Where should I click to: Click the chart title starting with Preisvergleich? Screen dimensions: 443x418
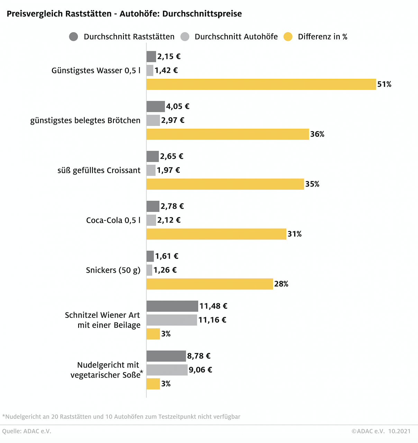pos(124,14)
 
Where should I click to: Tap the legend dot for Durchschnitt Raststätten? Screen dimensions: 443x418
pos(74,37)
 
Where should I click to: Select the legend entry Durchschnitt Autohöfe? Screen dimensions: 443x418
pos(236,37)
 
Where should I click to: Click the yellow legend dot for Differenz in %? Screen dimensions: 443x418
pos(288,37)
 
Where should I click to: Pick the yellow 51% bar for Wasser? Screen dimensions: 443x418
pos(261,84)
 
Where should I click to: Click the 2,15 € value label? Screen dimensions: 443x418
pos(169,56)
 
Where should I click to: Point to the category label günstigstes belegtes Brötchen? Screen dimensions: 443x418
pos(85,120)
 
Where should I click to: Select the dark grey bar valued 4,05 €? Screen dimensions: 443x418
pos(155,107)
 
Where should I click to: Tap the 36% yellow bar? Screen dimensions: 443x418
pos(227,134)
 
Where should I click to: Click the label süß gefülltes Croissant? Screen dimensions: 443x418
pos(99,170)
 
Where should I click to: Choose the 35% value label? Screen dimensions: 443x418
pos(312,184)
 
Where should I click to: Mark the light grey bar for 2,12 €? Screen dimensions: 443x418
pos(151,220)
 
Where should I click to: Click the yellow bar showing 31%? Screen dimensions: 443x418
pos(216,234)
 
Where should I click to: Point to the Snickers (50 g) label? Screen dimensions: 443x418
pos(113,270)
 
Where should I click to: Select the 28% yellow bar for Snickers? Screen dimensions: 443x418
pos(209,284)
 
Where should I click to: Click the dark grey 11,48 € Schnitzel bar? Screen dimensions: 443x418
pos(172,306)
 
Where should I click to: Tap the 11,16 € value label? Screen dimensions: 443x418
pos(212,320)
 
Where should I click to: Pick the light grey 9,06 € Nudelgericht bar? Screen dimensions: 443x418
pos(167,370)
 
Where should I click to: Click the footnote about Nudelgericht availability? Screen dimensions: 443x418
pos(121,417)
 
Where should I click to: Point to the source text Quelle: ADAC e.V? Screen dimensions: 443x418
pos(27,431)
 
